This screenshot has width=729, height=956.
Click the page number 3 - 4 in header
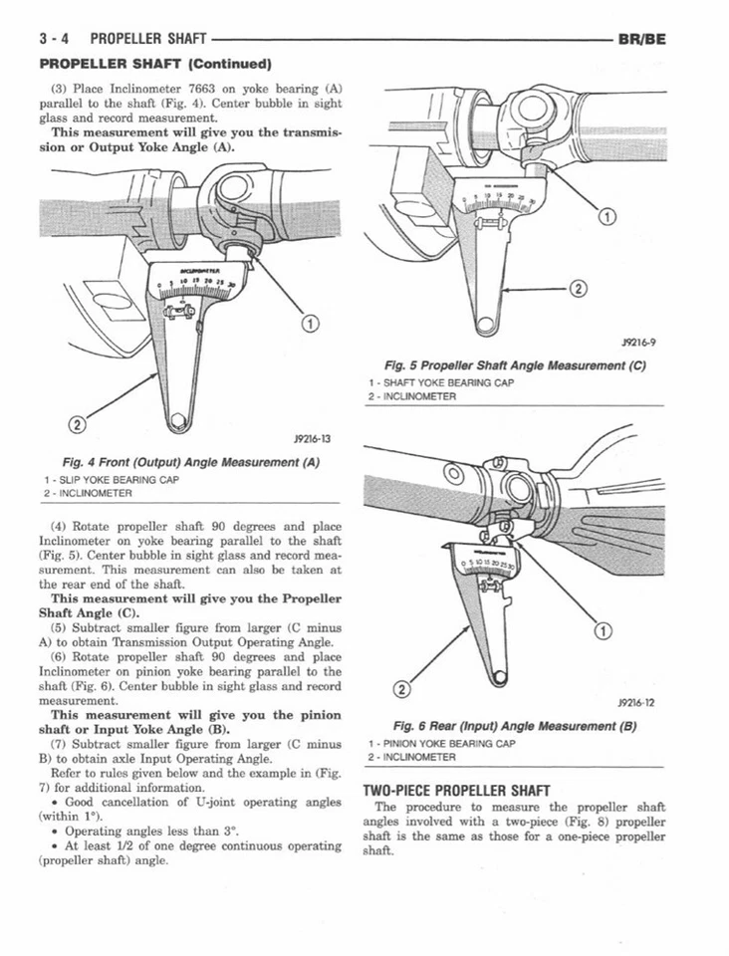click(53, 39)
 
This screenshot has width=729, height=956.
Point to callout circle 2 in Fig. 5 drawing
click(574, 290)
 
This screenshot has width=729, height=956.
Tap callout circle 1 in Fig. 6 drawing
click(600, 629)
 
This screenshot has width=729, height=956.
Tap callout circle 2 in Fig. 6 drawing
click(402, 689)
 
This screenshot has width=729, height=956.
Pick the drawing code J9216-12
click(635, 703)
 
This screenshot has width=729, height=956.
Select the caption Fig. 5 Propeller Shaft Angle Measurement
click(516, 365)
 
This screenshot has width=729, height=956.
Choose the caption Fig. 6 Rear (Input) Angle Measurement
click(515, 726)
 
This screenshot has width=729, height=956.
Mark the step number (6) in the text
click(59, 657)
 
